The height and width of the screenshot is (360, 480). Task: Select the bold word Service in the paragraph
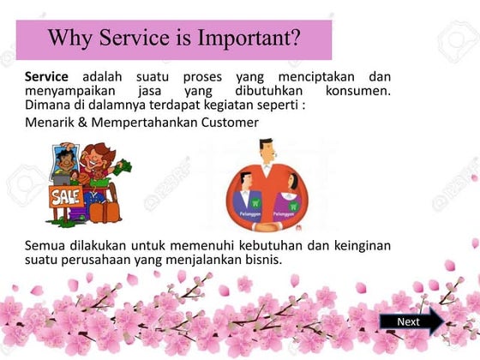pos(47,77)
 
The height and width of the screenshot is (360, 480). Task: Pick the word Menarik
pos(50,123)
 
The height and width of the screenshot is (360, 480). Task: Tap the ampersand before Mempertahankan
pos(83,123)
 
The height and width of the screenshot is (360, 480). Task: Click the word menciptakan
pos(303,77)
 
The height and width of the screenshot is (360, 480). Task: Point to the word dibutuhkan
pos(257,91)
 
